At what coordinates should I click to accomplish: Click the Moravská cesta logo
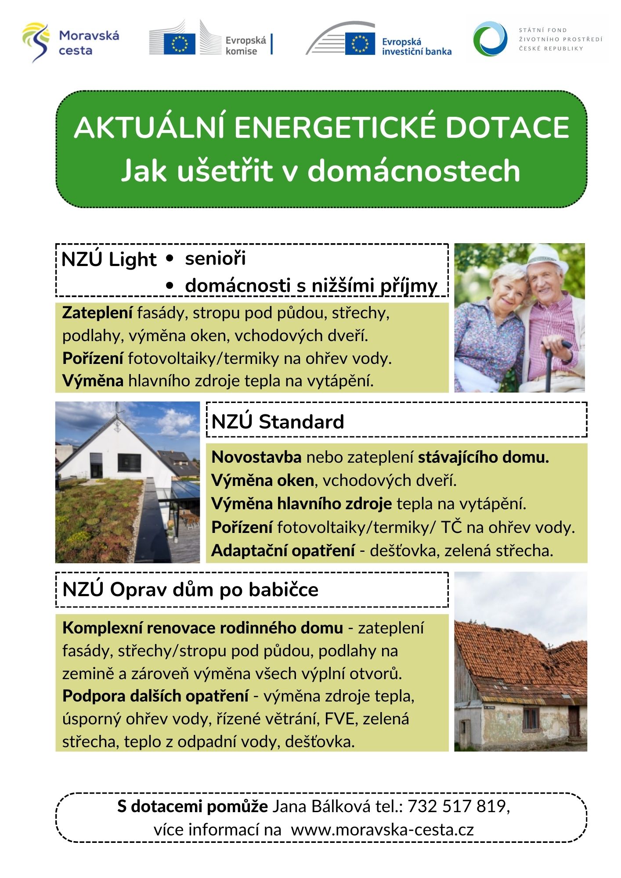coord(70,43)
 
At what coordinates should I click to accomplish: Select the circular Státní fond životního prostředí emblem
coord(490,39)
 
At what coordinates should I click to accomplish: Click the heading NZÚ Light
coord(108,259)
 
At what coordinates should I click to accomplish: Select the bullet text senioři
coord(215,259)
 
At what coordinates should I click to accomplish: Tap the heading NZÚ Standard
coord(278,421)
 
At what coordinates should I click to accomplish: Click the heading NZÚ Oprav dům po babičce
coord(190,589)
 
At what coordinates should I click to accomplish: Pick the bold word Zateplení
coord(97,313)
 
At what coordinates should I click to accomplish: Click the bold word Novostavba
coord(256,457)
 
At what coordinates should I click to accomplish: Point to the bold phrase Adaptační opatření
coord(283,550)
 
